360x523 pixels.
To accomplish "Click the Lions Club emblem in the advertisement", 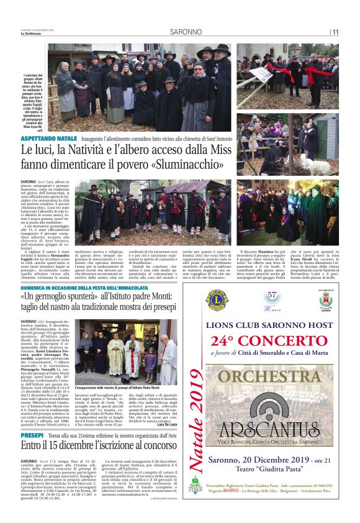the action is (x=217, y=301).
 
